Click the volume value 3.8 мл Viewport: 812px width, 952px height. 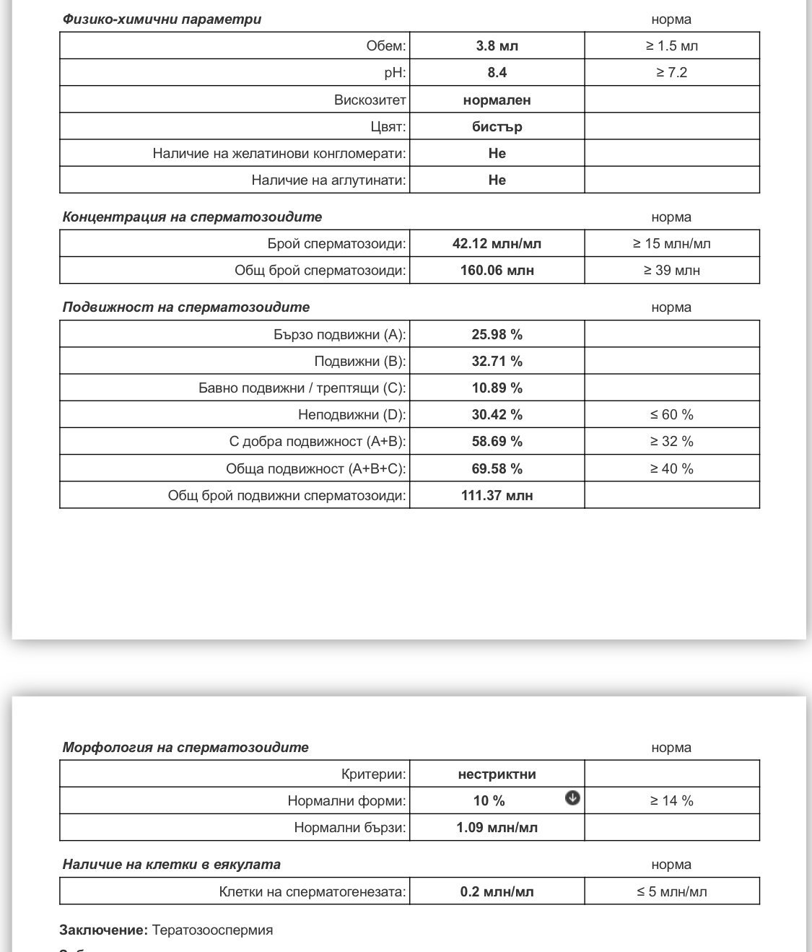coord(497,46)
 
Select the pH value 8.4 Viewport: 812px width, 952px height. coord(497,73)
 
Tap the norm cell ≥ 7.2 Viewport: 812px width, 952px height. coord(671,73)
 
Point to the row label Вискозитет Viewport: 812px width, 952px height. coord(370,100)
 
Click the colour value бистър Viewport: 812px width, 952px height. coord(497,127)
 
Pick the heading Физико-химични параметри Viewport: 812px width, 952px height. coord(162,19)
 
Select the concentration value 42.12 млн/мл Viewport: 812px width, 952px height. coord(497,244)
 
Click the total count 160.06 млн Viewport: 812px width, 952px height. coord(497,271)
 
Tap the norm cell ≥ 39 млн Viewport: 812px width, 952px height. coord(671,271)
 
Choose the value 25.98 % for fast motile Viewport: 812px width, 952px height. coord(497,335)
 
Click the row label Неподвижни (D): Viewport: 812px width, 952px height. coord(352,415)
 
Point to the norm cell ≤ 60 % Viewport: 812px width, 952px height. coord(671,415)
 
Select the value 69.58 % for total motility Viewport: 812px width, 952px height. coord(497,469)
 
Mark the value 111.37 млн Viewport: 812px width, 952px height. coord(497,496)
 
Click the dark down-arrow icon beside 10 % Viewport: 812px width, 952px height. coord(572,798)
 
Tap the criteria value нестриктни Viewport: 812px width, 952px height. coord(497,774)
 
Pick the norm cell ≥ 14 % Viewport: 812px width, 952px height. coord(671,801)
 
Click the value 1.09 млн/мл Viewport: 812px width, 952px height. coord(497,828)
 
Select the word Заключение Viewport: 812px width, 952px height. coord(103,930)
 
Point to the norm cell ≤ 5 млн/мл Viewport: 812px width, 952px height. coord(671,892)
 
